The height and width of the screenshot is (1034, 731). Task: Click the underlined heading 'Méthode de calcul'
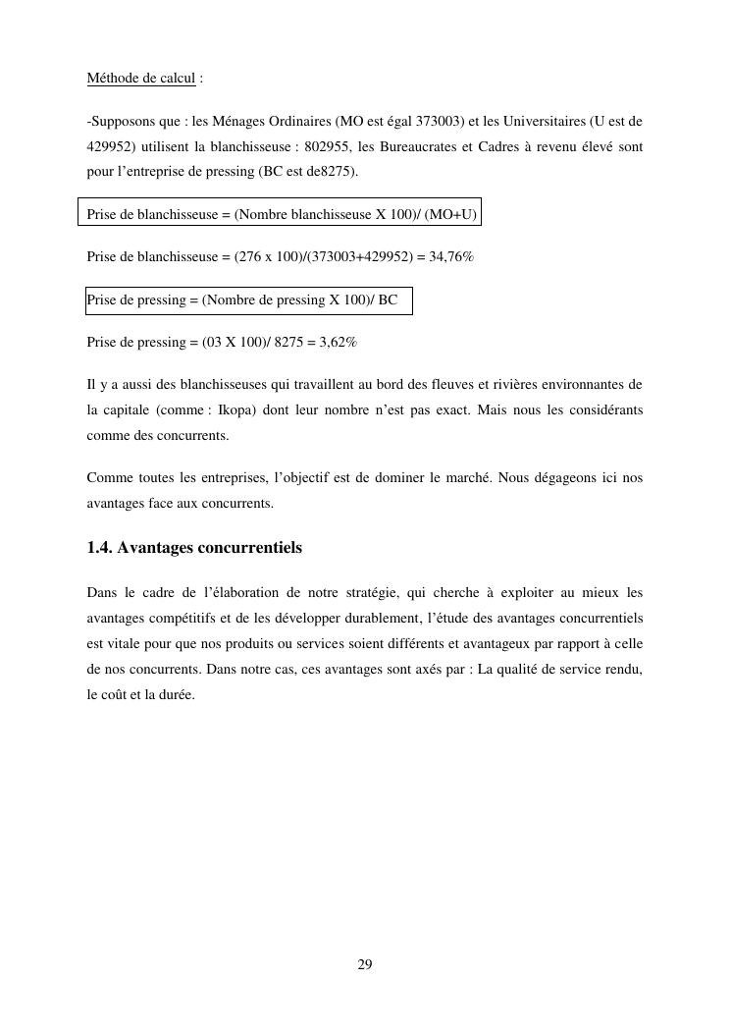click(x=141, y=79)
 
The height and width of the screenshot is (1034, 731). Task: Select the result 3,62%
click(x=339, y=343)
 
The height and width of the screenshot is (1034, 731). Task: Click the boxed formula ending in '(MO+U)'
click(x=282, y=214)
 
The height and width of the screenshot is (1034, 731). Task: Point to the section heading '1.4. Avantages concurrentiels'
click(x=194, y=548)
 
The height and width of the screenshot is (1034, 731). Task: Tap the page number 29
click(x=365, y=965)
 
